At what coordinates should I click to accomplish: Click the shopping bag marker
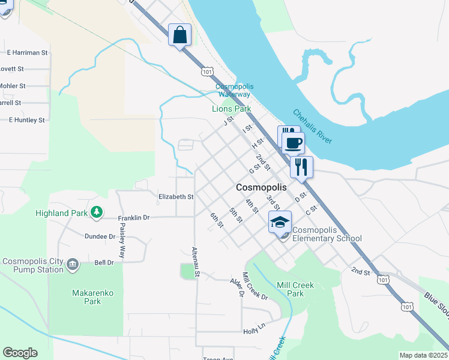(179, 35)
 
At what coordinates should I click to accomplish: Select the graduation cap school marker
(280, 223)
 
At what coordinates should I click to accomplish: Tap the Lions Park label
(231, 109)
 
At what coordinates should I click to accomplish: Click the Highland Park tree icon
(95, 212)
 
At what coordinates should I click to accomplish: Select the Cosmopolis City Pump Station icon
(73, 263)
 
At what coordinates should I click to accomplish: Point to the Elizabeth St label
(176, 196)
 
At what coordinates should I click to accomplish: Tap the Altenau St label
(195, 262)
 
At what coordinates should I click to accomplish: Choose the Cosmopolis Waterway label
(234, 91)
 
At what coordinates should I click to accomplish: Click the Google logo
(20, 353)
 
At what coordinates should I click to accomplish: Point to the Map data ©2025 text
(424, 355)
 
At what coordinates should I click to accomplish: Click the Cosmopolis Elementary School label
(327, 234)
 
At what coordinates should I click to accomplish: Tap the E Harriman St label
(28, 52)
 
